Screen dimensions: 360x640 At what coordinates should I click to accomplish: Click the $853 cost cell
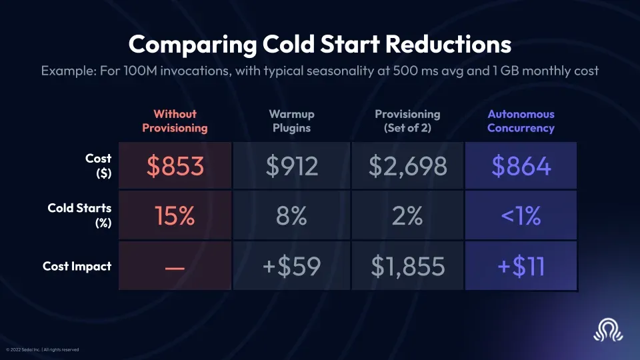[175, 165]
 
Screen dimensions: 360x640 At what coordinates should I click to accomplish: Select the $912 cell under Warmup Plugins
[291, 165]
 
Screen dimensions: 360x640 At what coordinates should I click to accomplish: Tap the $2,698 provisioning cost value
[407, 165]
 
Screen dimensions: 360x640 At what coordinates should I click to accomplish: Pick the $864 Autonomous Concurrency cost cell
[521, 165]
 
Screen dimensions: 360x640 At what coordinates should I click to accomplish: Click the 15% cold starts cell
[175, 216]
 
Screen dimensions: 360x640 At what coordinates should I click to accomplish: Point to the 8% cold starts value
[291, 216]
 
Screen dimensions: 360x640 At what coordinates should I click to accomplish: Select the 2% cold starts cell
[407, 216]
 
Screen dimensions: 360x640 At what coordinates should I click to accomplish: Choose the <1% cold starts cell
[521, 216]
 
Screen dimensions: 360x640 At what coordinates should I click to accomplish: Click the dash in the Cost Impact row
[175, 267]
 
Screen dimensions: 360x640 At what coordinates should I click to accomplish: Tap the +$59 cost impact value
[291, 267]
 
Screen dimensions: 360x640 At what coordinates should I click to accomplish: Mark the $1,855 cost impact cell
[407, 267]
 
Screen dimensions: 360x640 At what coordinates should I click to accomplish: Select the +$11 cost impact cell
[521, 267]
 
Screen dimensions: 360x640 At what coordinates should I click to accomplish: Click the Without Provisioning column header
[175, 121]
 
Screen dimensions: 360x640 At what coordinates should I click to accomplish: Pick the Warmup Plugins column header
[291, 121]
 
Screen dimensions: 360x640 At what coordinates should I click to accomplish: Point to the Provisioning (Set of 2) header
[407, 121]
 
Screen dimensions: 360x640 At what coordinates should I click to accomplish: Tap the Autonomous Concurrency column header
[521, 121]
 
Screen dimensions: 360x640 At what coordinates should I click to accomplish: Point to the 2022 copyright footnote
[43, 349]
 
